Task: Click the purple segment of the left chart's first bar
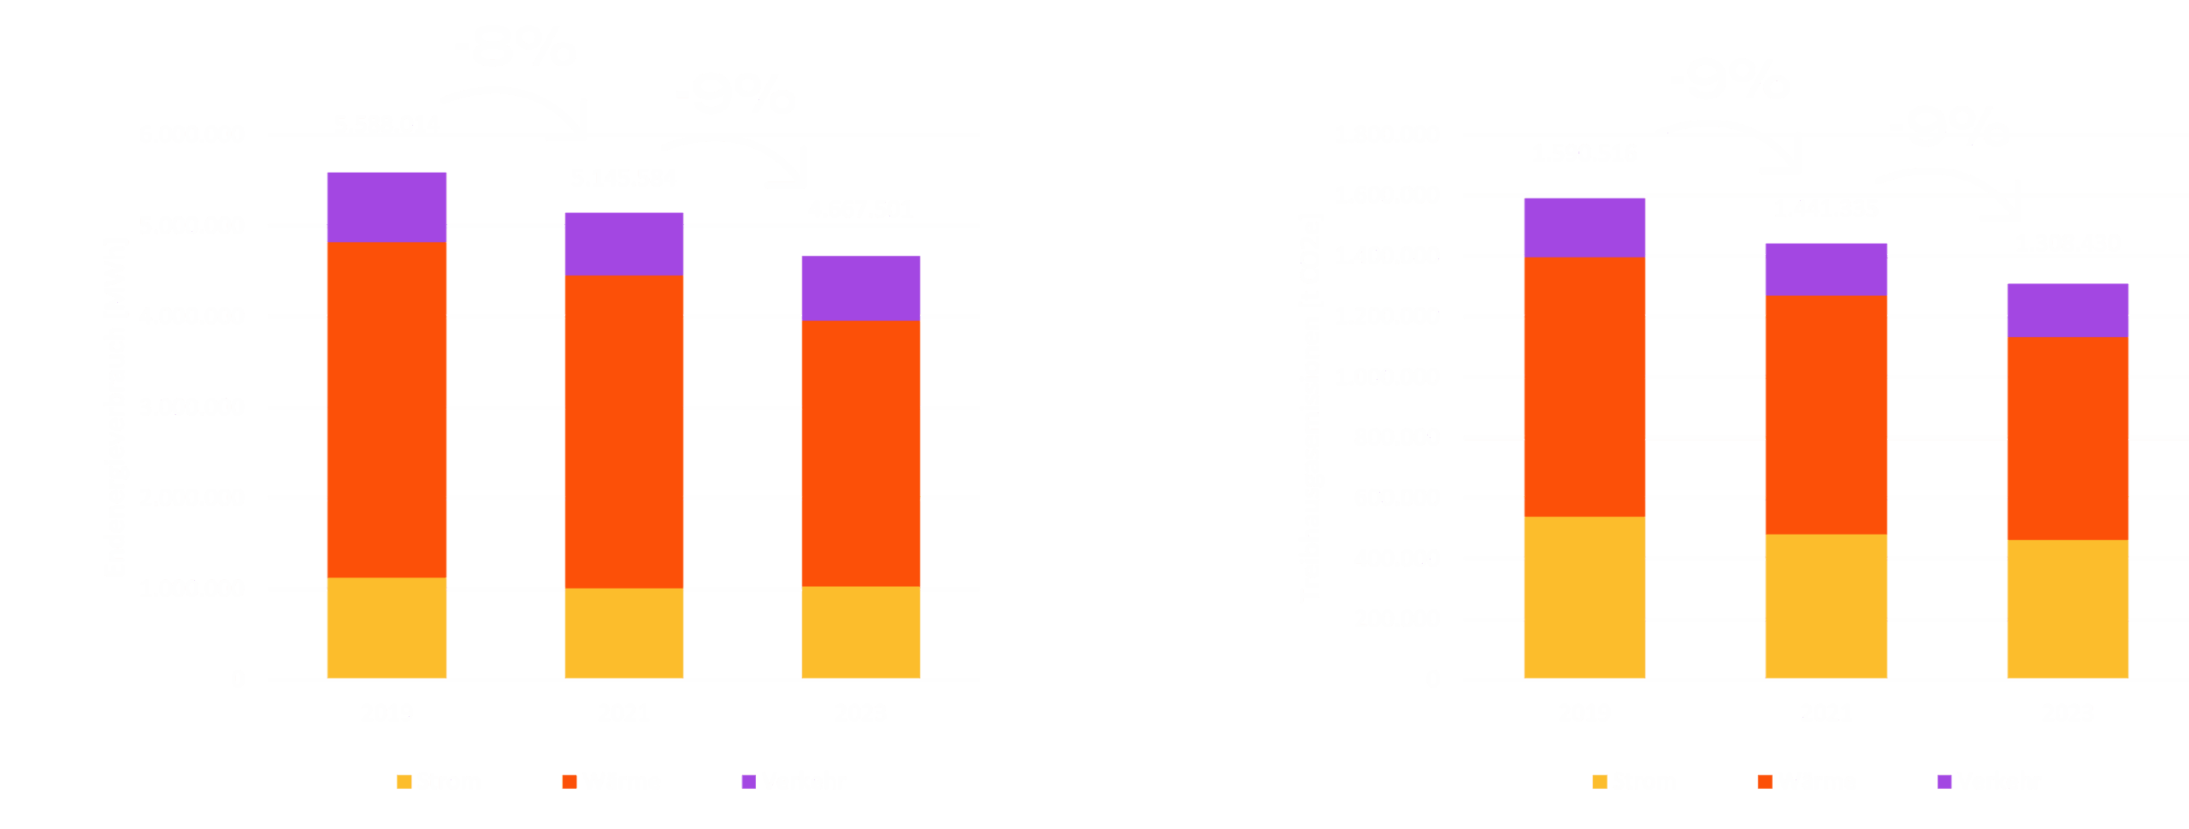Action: pos(386,207)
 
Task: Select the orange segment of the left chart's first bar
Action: pos(386,410)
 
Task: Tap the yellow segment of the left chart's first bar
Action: pos(386,628)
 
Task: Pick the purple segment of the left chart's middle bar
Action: pos(623,244)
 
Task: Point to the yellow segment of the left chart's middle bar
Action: pos(623,633)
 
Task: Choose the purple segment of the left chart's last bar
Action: pos(860,288)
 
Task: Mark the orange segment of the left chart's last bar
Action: pos(860,453)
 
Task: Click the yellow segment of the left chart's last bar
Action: pos(860,632)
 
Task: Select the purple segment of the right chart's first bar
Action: pos(1584,228)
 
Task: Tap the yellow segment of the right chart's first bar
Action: pos(1584,597)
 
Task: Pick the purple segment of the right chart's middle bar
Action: pos(1826,269)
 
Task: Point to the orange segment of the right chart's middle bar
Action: pos(1826,415)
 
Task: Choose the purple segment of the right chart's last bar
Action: pos(2068,310)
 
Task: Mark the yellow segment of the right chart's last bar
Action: pos(2068,609)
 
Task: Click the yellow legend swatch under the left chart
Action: pos(404,781)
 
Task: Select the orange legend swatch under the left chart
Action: pos(569,781)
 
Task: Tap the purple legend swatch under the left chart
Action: pos(748,781)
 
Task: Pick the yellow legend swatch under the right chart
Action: pos(1599,781)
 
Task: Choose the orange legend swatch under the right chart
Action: pos(1764,781)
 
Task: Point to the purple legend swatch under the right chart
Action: pos(1944,781)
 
